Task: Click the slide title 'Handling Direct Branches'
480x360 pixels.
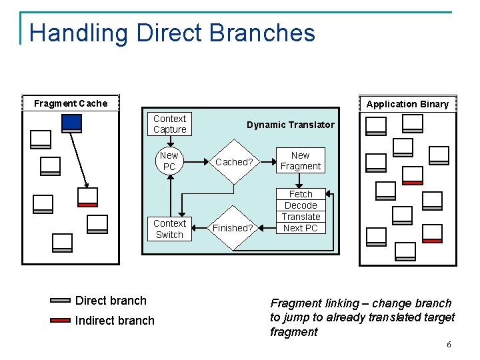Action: coord(172,33)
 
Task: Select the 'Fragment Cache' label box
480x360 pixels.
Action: coord(70,103)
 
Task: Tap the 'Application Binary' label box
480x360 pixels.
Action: coord(407,103)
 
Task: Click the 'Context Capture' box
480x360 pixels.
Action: coord(169,124)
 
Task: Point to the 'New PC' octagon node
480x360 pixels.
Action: coord(169,161)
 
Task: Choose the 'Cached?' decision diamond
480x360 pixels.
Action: coord(233,161)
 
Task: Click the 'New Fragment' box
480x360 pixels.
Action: coord(300,161)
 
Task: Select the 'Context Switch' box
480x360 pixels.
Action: coord(169,229)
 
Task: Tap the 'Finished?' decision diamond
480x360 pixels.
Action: coord(233,228)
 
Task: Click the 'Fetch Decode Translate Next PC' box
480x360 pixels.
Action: coord(301,211)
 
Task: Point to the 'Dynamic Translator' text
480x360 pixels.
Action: coord(290,125)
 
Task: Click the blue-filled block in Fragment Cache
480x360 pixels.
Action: coord(71,123)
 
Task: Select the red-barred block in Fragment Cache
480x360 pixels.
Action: coord(87,196)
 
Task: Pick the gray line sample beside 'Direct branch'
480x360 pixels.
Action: coord(60,301)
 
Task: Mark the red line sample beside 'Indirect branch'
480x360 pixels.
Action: coord(60,320)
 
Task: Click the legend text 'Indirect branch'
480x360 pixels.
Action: coord(115,321)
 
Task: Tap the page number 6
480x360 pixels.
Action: coord(449,345)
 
